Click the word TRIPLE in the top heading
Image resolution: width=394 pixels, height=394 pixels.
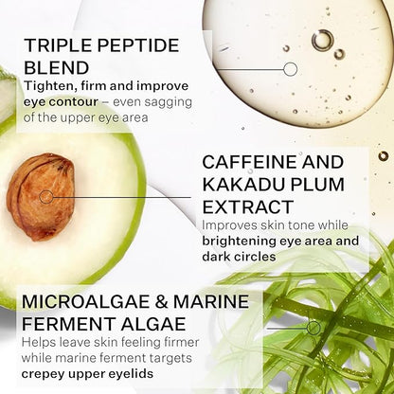[58, 45]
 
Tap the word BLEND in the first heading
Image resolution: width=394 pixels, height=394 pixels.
[57, 67]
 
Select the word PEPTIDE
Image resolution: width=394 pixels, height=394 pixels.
[138, 45]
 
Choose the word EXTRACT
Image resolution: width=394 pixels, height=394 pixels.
[248, 207]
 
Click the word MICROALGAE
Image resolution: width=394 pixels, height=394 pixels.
[86, 301]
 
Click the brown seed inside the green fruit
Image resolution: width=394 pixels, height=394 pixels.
[41, 197]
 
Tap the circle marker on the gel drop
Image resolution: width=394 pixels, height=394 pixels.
[290, 69]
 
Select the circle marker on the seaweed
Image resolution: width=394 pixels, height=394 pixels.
[313, 329]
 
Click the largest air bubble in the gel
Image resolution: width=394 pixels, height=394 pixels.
[323, 40]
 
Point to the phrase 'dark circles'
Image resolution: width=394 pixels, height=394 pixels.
[239, 257]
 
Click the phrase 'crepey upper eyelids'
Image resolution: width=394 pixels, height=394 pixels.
[87, 374]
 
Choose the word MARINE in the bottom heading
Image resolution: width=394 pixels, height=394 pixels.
[211, 301]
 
